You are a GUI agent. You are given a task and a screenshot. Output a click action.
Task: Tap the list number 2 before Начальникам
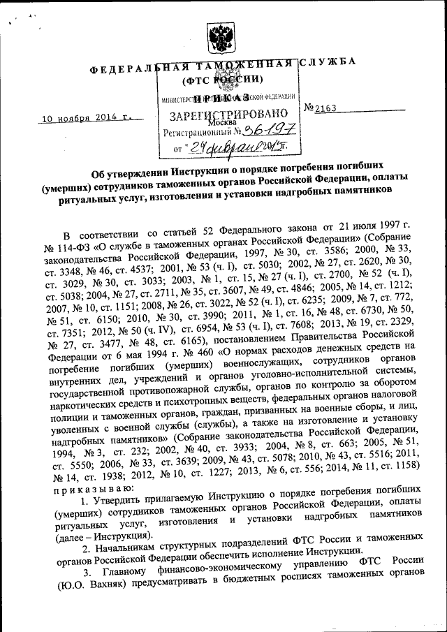tap(85, 552)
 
